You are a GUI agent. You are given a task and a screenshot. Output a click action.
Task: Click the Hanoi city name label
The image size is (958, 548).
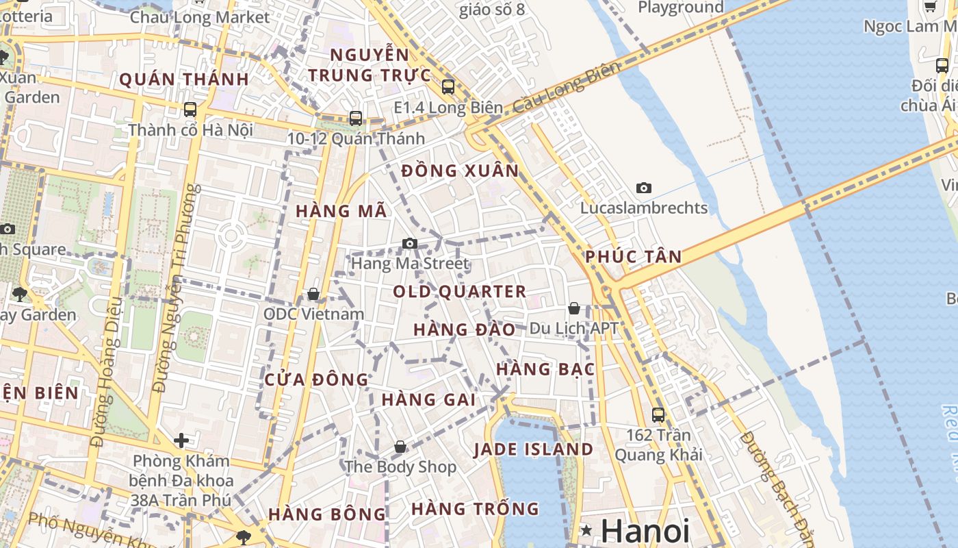pyautogui.click(x=645, y=531)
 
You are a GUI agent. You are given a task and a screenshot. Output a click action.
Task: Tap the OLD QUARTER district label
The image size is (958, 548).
pyautogui.click(x=460, y=292)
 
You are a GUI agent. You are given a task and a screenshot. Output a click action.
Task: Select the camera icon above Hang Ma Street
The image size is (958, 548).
pyautogui.click(x=410, y=243)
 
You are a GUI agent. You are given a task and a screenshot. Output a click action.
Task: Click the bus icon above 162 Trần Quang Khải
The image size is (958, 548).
pyautogui.click(x=658, y=414)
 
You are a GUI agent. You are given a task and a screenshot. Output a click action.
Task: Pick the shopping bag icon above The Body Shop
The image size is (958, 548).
pyautogui.click(x=400, y=447)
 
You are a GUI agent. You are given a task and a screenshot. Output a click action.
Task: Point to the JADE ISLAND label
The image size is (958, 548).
pyautogui.click(x=534, y=449)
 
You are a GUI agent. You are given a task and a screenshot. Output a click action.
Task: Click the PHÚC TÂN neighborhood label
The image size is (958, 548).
pyautogui.click(x=633, y=257)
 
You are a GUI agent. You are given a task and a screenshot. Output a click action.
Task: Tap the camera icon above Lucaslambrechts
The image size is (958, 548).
pyautogui.click(x=644, y=188)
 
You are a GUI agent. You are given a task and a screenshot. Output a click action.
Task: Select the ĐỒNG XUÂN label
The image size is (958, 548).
pyautogui.click(x=460, y=171)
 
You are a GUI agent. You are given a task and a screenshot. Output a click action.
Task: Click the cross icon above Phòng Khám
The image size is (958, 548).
pyautogui.click(x=181, y=440)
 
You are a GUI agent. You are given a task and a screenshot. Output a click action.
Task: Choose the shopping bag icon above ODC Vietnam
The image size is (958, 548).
pyautogui.click(x=313, y=294)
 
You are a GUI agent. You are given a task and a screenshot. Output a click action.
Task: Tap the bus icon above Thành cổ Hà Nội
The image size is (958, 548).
pyautogui.click(x=190, y=109)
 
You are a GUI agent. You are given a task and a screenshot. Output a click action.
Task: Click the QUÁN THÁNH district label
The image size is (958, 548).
pyautogui.click(x=184, y=79)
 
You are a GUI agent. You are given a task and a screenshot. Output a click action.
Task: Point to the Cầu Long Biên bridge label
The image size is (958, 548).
pyautogui.click(x=566, y=87)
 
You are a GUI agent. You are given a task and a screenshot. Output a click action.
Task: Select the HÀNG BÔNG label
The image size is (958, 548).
pyautogui.click(x=327, y=514)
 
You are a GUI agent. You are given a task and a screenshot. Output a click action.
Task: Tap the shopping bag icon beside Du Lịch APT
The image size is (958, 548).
pyautogui.click(x=574, y=308)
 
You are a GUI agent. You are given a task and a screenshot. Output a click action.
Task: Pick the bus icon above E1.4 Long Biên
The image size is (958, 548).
pyautogui.click(x=448, y=87)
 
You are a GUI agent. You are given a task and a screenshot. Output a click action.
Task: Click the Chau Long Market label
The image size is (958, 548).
pyautogui.click(x=200, y=17)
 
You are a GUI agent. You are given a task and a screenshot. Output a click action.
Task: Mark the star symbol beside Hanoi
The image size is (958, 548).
pyautogui.click(x=586, y=530)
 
